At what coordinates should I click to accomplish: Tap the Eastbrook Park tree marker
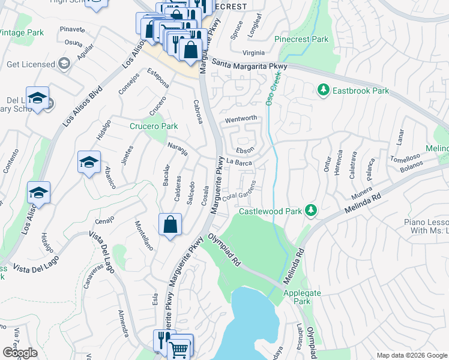(324, 91)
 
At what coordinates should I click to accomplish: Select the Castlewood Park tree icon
(310, 210)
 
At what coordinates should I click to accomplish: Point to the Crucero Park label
(154, 127)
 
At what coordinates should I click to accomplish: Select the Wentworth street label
(241, 119)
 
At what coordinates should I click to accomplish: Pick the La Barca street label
(239, 162)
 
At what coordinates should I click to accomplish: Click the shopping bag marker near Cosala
(170, 225)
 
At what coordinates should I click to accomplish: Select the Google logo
(20, 353)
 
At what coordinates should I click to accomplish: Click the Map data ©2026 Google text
(411, 355)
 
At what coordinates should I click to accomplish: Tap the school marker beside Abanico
(89, 163)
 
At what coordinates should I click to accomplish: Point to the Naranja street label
(178, 149)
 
